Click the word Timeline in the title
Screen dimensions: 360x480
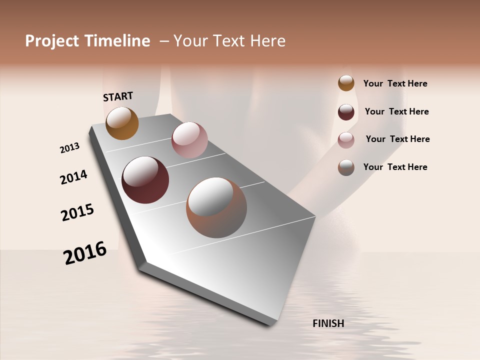pos(117,41)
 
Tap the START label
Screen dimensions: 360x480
pos(118,96)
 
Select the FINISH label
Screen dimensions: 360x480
pos(328,323)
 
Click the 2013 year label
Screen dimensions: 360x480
pos(69,148)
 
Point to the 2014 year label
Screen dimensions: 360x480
pos(73,177)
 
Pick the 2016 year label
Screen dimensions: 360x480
pos(85,253)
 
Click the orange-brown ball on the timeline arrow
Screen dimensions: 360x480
pos(122,123)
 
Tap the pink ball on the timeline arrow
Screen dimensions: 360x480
pos(189,140)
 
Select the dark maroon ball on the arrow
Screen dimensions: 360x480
pos(145,180)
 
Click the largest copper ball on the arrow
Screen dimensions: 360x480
pos(216,207)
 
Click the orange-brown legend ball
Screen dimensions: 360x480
pos(346,83)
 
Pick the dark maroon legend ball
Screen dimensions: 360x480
pos(346,112)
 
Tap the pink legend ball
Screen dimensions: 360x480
pos(346,140)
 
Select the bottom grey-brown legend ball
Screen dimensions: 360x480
pos(346,167)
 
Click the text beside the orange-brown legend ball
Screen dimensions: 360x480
pos(395,83)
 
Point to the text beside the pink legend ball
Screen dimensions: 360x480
pos(397,139)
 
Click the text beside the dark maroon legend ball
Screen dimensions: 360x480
pos(396,111)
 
